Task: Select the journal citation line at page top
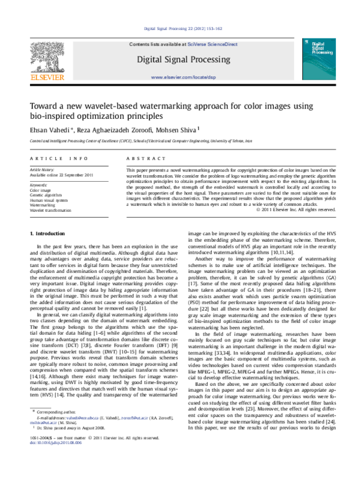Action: coord(180,29)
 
